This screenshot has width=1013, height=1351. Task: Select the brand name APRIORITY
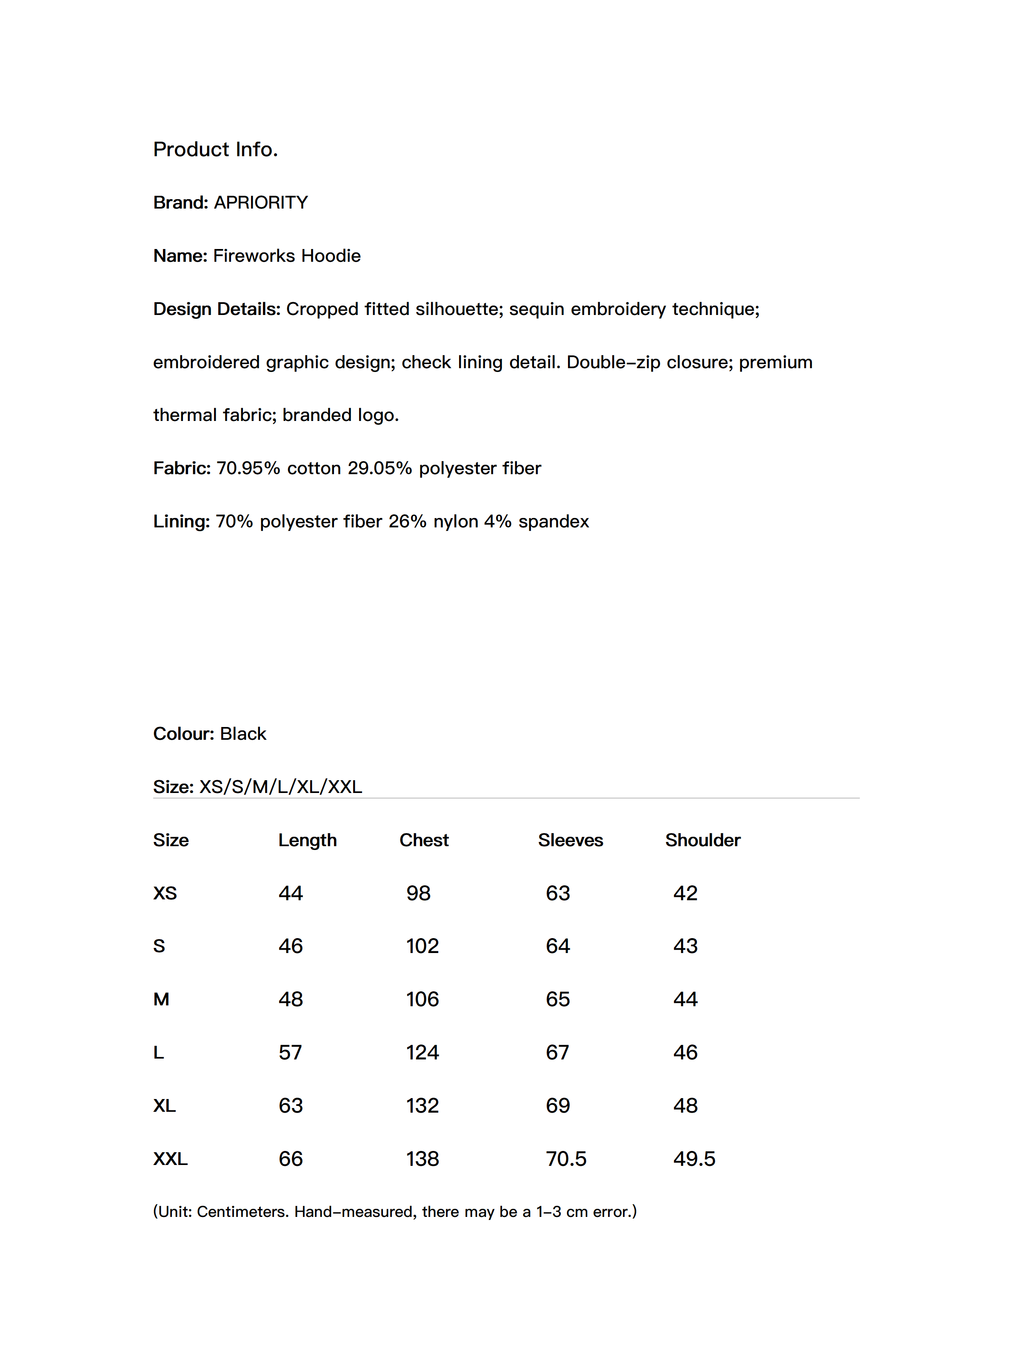point(261,203)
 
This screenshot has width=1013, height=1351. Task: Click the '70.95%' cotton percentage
point(248,469)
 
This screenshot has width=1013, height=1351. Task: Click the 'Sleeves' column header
point(570,840)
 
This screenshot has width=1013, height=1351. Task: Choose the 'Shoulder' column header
point(703,840)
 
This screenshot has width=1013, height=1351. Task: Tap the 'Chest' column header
point(424,840)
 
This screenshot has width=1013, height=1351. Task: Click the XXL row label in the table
point(170,1159)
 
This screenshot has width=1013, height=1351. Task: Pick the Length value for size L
point(290,1053)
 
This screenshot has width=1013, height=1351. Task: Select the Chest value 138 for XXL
point(422,1159)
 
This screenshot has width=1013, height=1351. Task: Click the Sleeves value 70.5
point(566,1159)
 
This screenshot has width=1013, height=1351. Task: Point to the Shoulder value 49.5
point(694,1159)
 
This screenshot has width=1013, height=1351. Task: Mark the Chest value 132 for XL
point(422,1106)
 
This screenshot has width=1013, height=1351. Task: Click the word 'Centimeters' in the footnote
point(243,1212)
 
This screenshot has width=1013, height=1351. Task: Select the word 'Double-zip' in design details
point(613,363)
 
